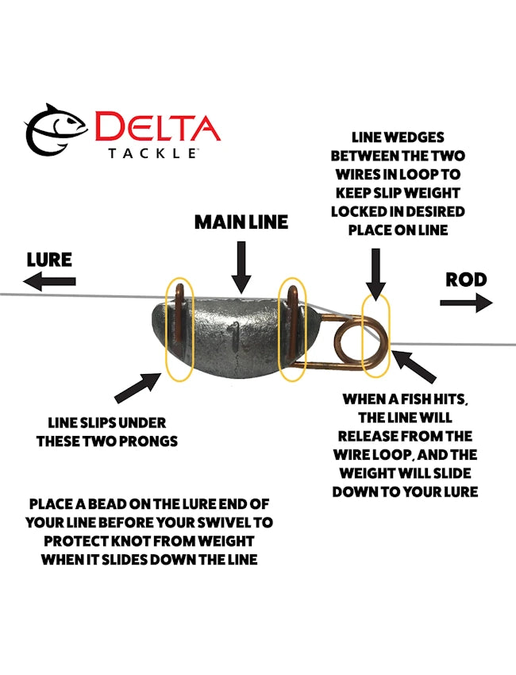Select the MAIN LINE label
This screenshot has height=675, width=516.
pos(241,222)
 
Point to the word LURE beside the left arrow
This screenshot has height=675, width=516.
pos(49,260)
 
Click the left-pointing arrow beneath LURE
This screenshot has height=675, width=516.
pos(49,280)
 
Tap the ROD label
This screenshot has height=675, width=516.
pos(466,280)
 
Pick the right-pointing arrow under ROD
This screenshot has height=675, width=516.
pos(466,303)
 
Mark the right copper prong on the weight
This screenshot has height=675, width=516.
pos(295,318)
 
